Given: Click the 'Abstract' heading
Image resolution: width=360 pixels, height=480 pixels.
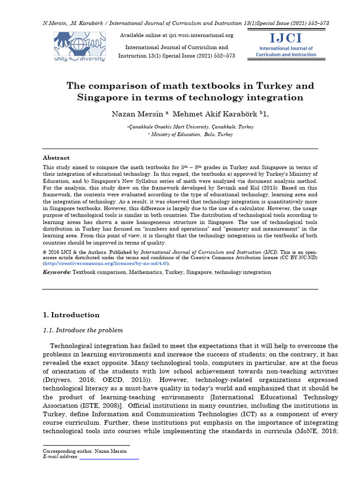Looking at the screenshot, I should click(x=56, y=158).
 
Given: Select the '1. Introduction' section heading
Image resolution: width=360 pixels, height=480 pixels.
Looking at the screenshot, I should click(x=71, y=315).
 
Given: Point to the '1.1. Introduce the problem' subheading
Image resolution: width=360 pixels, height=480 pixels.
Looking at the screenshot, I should click(x=83, y=330).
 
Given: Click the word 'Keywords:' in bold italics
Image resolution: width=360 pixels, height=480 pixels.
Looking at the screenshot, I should click(x=57, y=272).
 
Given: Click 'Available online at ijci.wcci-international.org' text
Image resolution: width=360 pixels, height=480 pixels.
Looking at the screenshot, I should click(x=177, y=36).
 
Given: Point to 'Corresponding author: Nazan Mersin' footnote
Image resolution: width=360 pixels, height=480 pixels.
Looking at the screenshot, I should click(x=85, y=451).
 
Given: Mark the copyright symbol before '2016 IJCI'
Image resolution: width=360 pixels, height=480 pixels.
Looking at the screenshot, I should click(x=45, y=252).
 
